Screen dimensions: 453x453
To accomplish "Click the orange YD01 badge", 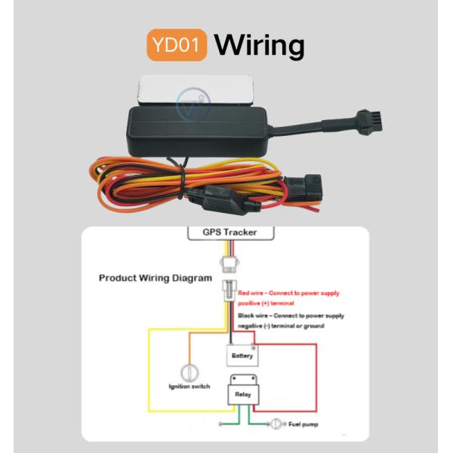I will coord(176,45).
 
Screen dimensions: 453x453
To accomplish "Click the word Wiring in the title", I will coord(259,45).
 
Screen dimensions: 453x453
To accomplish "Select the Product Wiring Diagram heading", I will coord(156,278).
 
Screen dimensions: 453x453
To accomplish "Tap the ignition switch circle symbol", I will coord(187,372).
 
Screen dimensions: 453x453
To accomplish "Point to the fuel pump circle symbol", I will coord(279,424).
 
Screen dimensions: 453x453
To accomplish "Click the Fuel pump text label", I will coord(304,424).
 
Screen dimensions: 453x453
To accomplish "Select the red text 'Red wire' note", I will coord(288,296).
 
